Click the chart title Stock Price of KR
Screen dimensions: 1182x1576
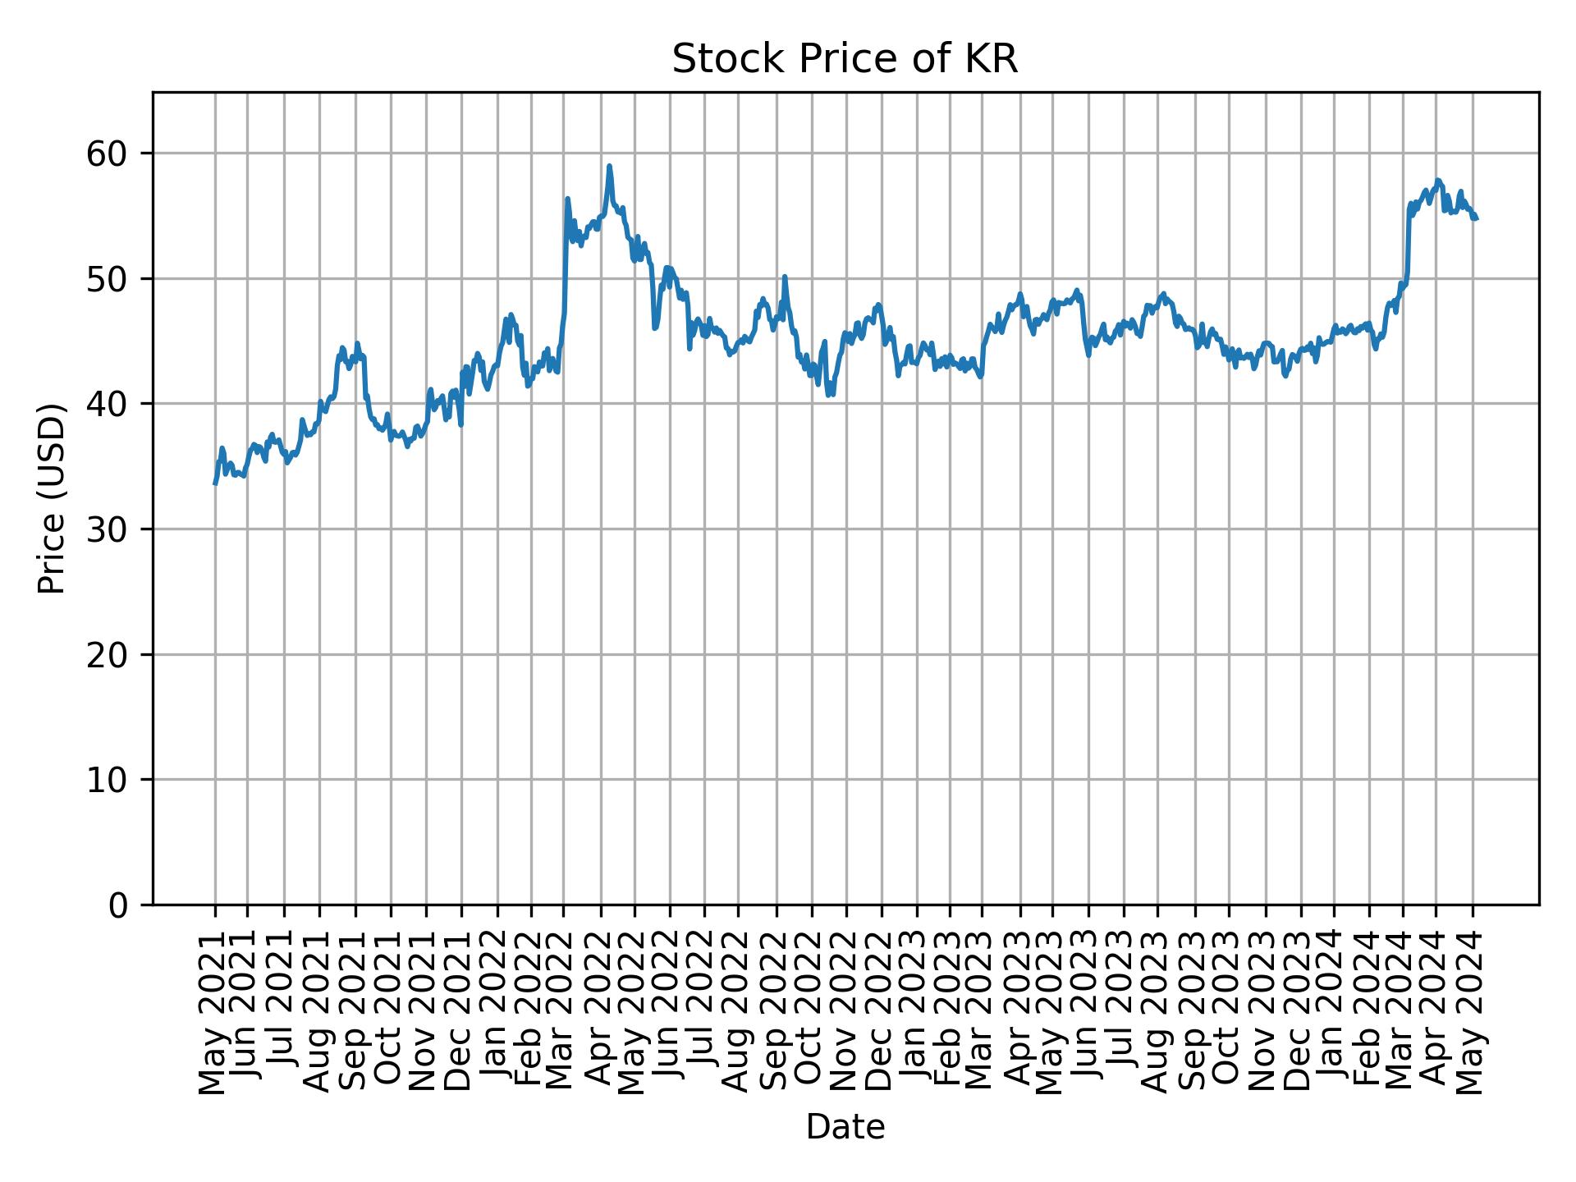pos(845,60)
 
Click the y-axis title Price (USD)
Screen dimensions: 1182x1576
pos(51,498)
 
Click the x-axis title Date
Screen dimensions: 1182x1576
pos(845,1127)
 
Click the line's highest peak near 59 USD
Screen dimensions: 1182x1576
pos(609,166)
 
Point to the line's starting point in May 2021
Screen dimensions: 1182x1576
pos(215,483)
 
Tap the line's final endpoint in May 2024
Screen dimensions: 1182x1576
pos(1476,218)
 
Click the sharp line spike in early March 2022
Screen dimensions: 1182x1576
pos(567,199)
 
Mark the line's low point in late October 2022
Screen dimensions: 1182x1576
pos(829,395)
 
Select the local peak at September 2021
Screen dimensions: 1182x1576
pos(357,343)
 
